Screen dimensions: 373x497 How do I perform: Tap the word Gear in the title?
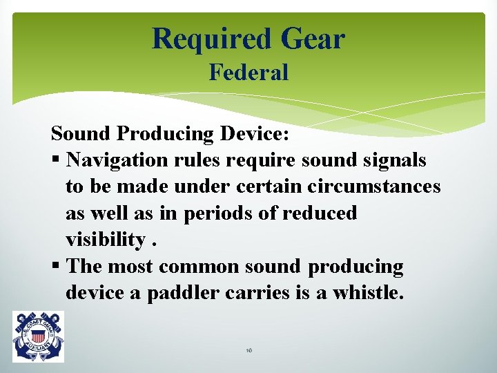pos(312,39)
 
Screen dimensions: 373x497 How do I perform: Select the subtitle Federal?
pos(248,73)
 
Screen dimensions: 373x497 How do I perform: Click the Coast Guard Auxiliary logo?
pos(38,336)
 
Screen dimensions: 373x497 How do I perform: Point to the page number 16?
pos(248,351)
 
